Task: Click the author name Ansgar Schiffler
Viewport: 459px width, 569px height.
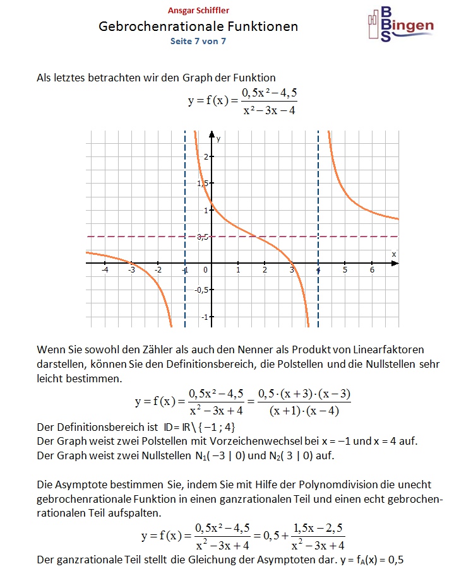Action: point(198,11)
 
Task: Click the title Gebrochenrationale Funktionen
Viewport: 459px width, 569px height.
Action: point(198,26)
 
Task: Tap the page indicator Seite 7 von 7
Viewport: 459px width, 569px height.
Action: point(198,41)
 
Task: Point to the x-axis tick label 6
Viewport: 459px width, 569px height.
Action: point(372,270)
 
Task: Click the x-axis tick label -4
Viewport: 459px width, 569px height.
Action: point(105,270)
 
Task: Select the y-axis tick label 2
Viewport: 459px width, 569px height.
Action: point(206,156)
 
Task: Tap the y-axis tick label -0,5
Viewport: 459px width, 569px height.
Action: point(201,290)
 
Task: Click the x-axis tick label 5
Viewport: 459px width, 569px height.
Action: point(345,270)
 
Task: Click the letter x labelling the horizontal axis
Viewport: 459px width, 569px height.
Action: point(394,254)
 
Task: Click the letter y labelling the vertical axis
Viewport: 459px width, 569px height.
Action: point(218,137)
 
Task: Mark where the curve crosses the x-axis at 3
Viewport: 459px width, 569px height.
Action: point(292,264)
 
